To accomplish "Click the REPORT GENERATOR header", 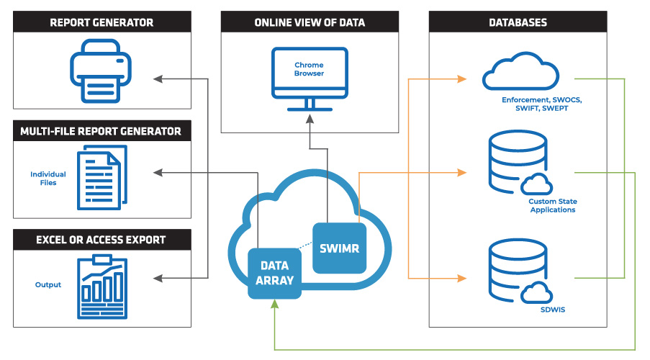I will (x=101, y=22).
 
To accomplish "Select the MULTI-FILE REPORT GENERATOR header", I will (x=101, y=131).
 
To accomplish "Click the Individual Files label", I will (x=48, y=179).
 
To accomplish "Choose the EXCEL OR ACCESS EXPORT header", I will (x=101, y=240).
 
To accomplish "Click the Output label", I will (x=48, y=284).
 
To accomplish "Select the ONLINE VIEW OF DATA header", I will (x=310, y=22).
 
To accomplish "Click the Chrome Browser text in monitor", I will (x=309, y=69).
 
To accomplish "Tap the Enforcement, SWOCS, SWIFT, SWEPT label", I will (x=541, y=103).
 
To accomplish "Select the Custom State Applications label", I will (x=552, y=206).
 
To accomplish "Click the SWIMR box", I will (x=340, y=248).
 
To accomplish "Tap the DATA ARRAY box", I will (x=274, y=272).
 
